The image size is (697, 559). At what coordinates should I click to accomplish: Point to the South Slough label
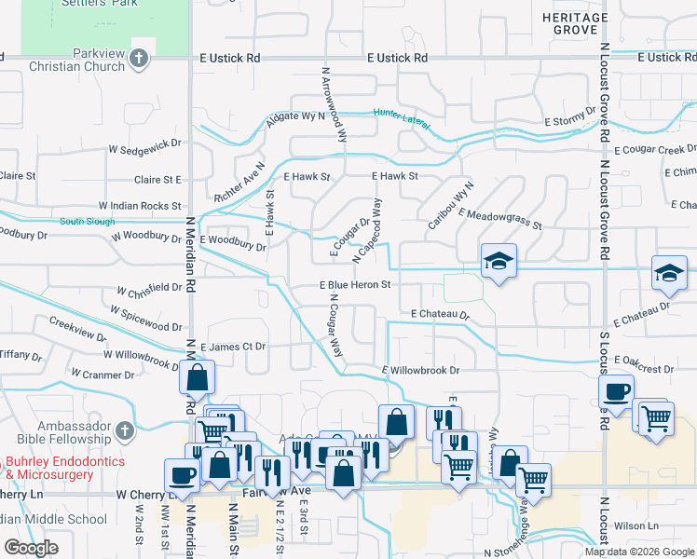coord(88,222)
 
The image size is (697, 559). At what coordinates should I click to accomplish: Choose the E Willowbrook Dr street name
coord(421,371)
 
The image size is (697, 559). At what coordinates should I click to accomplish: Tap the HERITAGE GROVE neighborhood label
coord(570,23)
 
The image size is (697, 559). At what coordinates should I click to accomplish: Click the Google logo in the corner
coord(30,549)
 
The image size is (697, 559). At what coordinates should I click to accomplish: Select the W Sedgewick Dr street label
coord(144,146)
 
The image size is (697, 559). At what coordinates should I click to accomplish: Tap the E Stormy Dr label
coord(570,121)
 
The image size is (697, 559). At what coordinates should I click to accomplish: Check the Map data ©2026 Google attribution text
coord(640,552)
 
